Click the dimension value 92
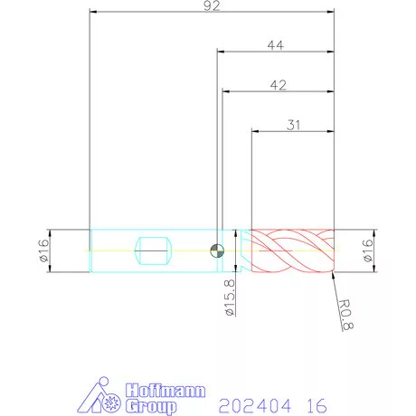click(212, 5)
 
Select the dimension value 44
click(276, 45)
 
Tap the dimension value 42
click(279, 85)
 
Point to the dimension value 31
click(293, 125)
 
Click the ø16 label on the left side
click(43, 251)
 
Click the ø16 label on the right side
click(367, 251)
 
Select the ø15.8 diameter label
click(230, 298)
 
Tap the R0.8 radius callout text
click(345, 315)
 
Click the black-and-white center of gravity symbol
click(217, 251)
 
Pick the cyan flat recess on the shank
click(153, 251)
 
